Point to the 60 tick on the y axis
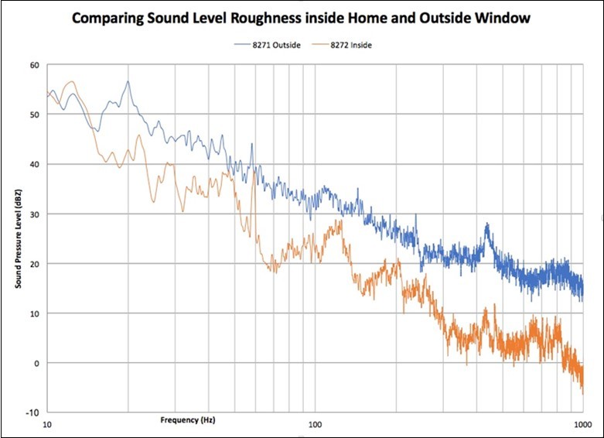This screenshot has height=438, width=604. click(33, 65)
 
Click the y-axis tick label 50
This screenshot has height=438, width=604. click(33, 115)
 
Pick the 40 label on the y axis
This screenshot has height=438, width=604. click(33, 164)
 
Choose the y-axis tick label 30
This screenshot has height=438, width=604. click(33, 214)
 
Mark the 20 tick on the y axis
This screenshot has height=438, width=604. click(33, 264)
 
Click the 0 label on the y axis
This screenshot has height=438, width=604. click(36, 363)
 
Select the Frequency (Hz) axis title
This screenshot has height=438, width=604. click(188, 419)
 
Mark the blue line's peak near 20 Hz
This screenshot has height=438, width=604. click(128, 81)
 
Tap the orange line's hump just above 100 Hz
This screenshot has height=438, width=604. click(337, 222)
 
